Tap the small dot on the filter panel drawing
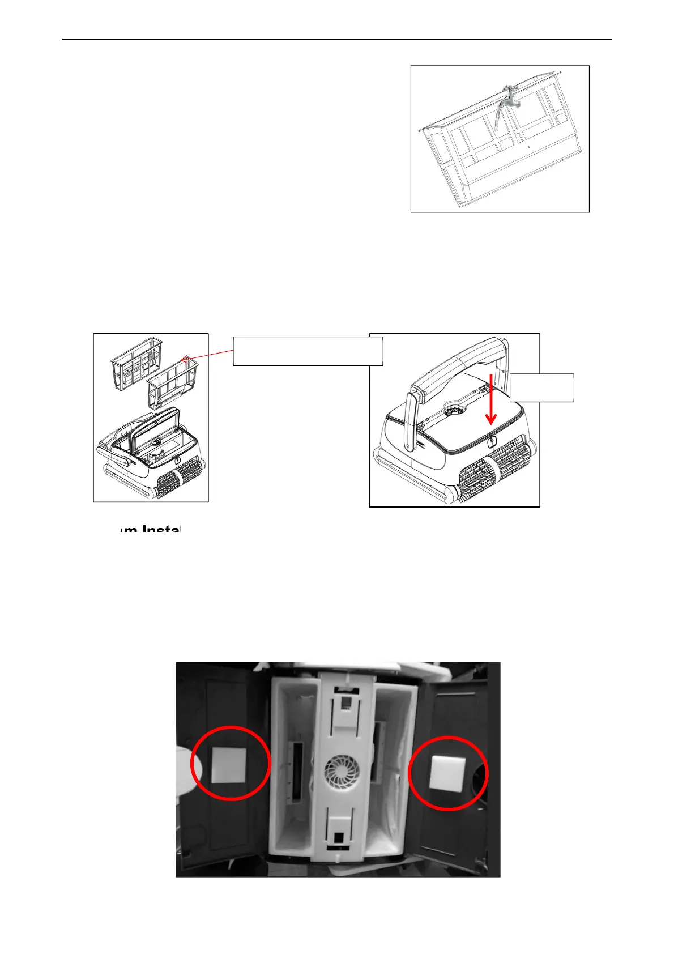tap(528, 146)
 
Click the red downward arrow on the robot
tap(491, 399)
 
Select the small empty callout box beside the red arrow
tap(542, 387)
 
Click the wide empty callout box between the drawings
tap(308, 351)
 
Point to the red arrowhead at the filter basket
tap(184, 358)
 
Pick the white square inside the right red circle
tap(447, 772)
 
